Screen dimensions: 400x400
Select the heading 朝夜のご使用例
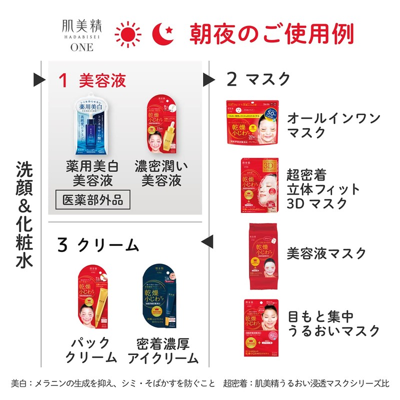[x=271, y=33]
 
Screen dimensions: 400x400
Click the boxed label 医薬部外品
[x=90, y=200]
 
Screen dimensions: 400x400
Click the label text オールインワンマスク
[x=333, y=125]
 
